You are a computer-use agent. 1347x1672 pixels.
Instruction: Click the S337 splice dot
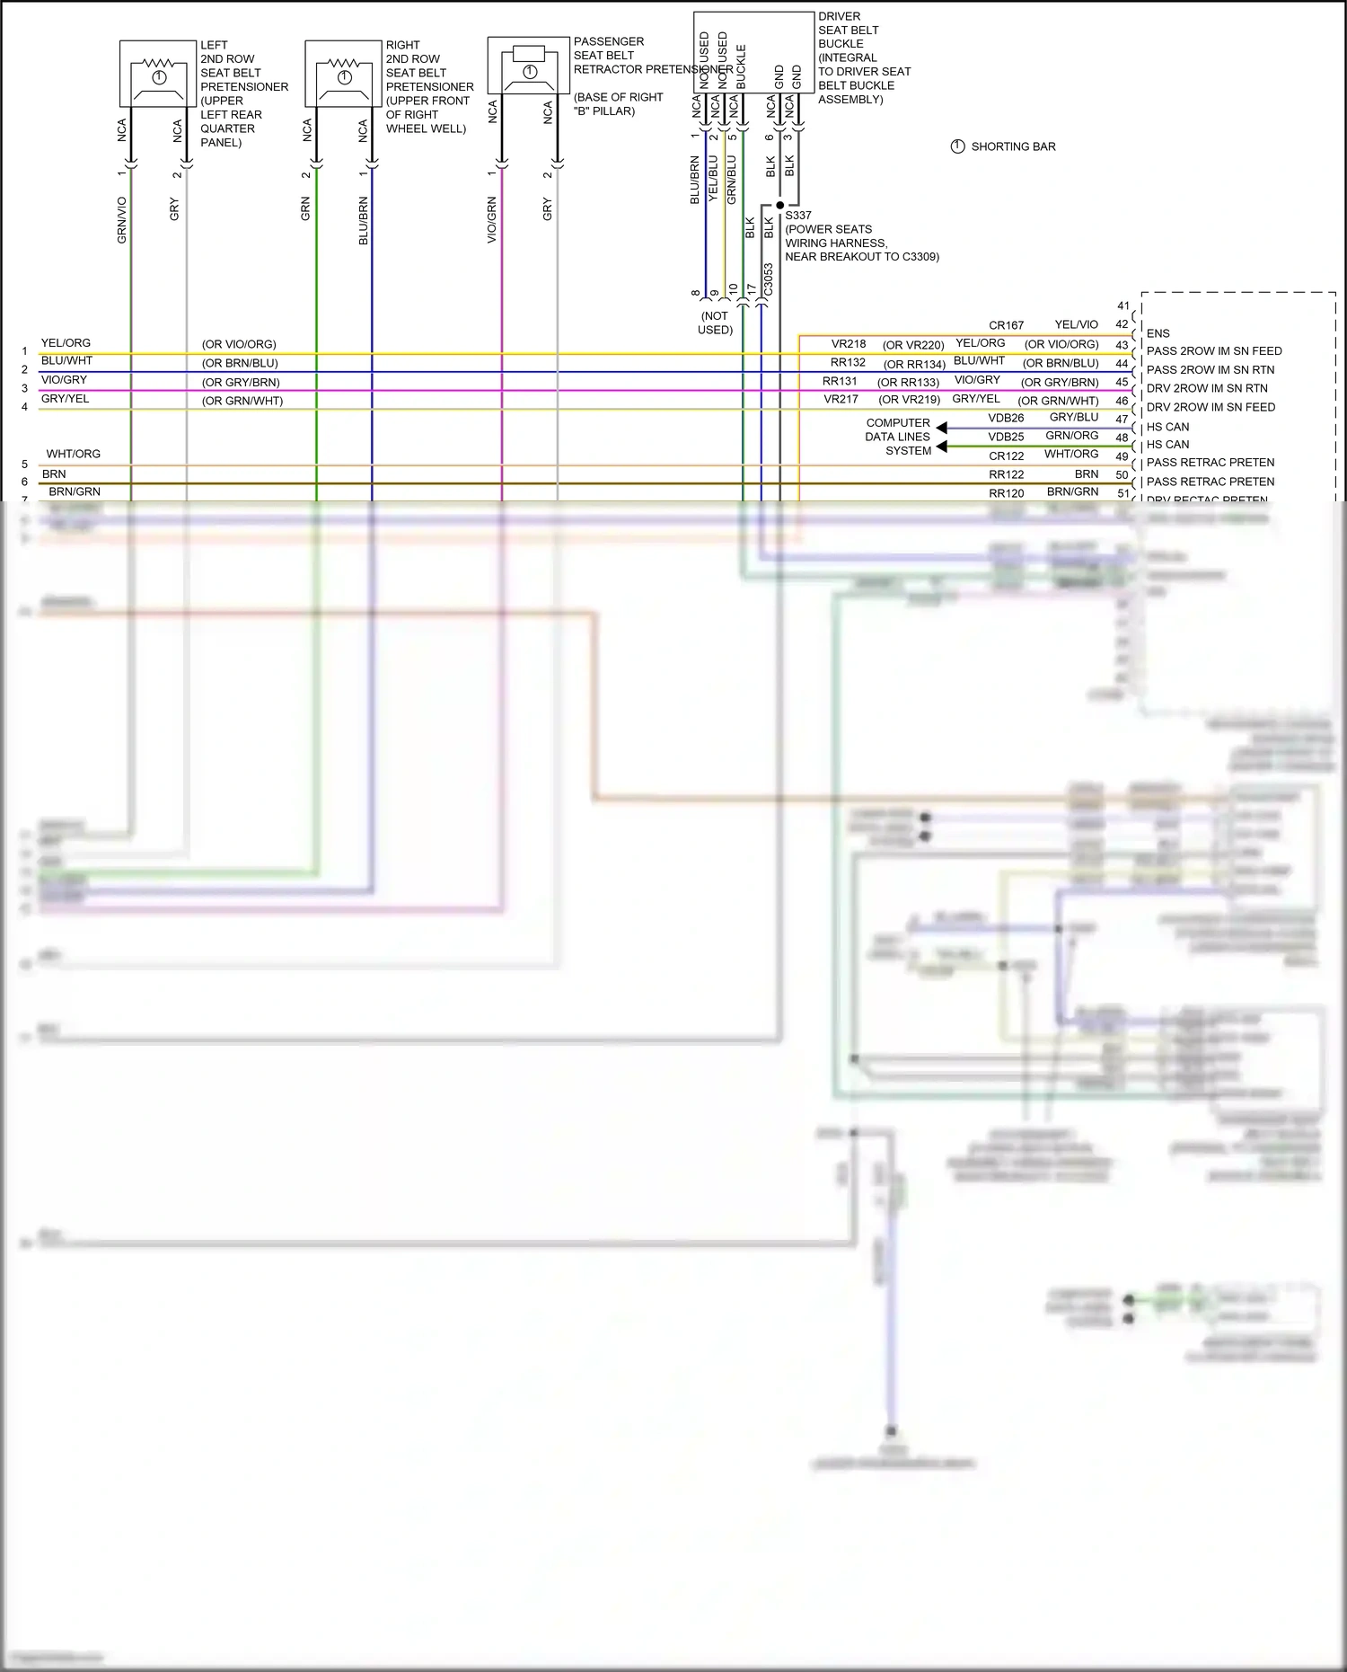point(779,205)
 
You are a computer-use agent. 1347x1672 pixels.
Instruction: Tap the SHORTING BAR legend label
point(1013,146)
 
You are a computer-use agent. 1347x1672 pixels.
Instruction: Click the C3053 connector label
point(769,279)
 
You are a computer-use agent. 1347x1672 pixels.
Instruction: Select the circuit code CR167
point(1006,325)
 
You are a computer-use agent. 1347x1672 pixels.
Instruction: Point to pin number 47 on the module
point(1122,419)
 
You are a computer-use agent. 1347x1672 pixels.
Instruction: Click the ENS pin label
point(1158,333)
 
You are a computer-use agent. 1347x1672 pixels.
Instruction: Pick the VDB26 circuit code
point(1006,418)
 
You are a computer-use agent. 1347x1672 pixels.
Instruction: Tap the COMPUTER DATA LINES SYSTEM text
point(898,437)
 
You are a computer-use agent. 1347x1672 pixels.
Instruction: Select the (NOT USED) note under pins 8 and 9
point(715,323)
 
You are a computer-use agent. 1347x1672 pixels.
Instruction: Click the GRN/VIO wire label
point(122,220)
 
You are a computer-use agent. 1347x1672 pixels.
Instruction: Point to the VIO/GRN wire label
point(492,219)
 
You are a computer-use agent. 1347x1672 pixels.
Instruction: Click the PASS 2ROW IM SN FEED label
point(1214,351)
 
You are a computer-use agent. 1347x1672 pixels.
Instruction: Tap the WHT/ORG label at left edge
point(74,454)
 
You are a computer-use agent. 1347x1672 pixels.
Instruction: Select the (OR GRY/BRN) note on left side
point(241,382)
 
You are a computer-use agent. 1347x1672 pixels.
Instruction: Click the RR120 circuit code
point(1006,493)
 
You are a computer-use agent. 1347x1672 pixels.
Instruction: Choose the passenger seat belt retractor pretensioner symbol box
point(529,65)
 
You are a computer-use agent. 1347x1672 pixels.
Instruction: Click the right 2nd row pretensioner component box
point(343,74)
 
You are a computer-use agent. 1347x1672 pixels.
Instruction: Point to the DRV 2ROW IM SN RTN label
point(1207,388)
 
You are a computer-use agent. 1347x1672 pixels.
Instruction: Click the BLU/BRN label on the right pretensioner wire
point(364,220)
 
